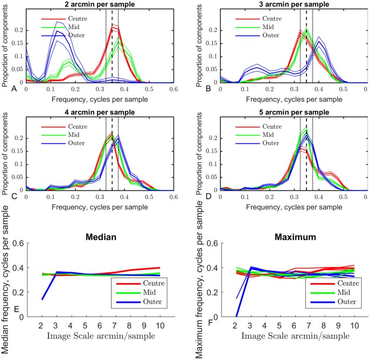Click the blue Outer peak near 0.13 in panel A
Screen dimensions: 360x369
click(x=58, y=23)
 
